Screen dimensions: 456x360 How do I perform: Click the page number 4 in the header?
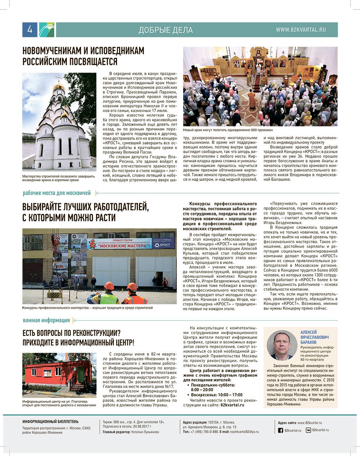click(30, 30)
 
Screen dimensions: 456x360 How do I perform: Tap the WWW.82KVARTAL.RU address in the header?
click(301, 30)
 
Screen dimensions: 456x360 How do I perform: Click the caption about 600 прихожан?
click(228, 130)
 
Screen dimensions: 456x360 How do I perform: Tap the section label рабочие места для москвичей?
click(57, 193)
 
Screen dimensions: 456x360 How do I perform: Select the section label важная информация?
click(46, 320)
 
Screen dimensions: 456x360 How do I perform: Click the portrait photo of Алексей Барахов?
click(281, 345)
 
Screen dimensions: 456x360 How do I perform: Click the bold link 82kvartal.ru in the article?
click(232, 405)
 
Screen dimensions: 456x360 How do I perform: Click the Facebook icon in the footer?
click(280, 430)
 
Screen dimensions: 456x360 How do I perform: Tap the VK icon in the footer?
click(309, 430)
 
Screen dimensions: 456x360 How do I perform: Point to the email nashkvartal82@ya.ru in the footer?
click(245, 431)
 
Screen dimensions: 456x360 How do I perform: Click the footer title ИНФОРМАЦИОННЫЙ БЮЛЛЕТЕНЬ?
click(50, 421)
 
